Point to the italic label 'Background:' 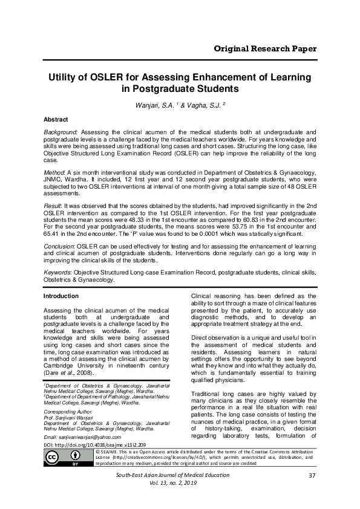click(x=61, y=131)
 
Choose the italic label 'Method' click(x=54, y=173)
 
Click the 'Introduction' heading click(x=61, y=296)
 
